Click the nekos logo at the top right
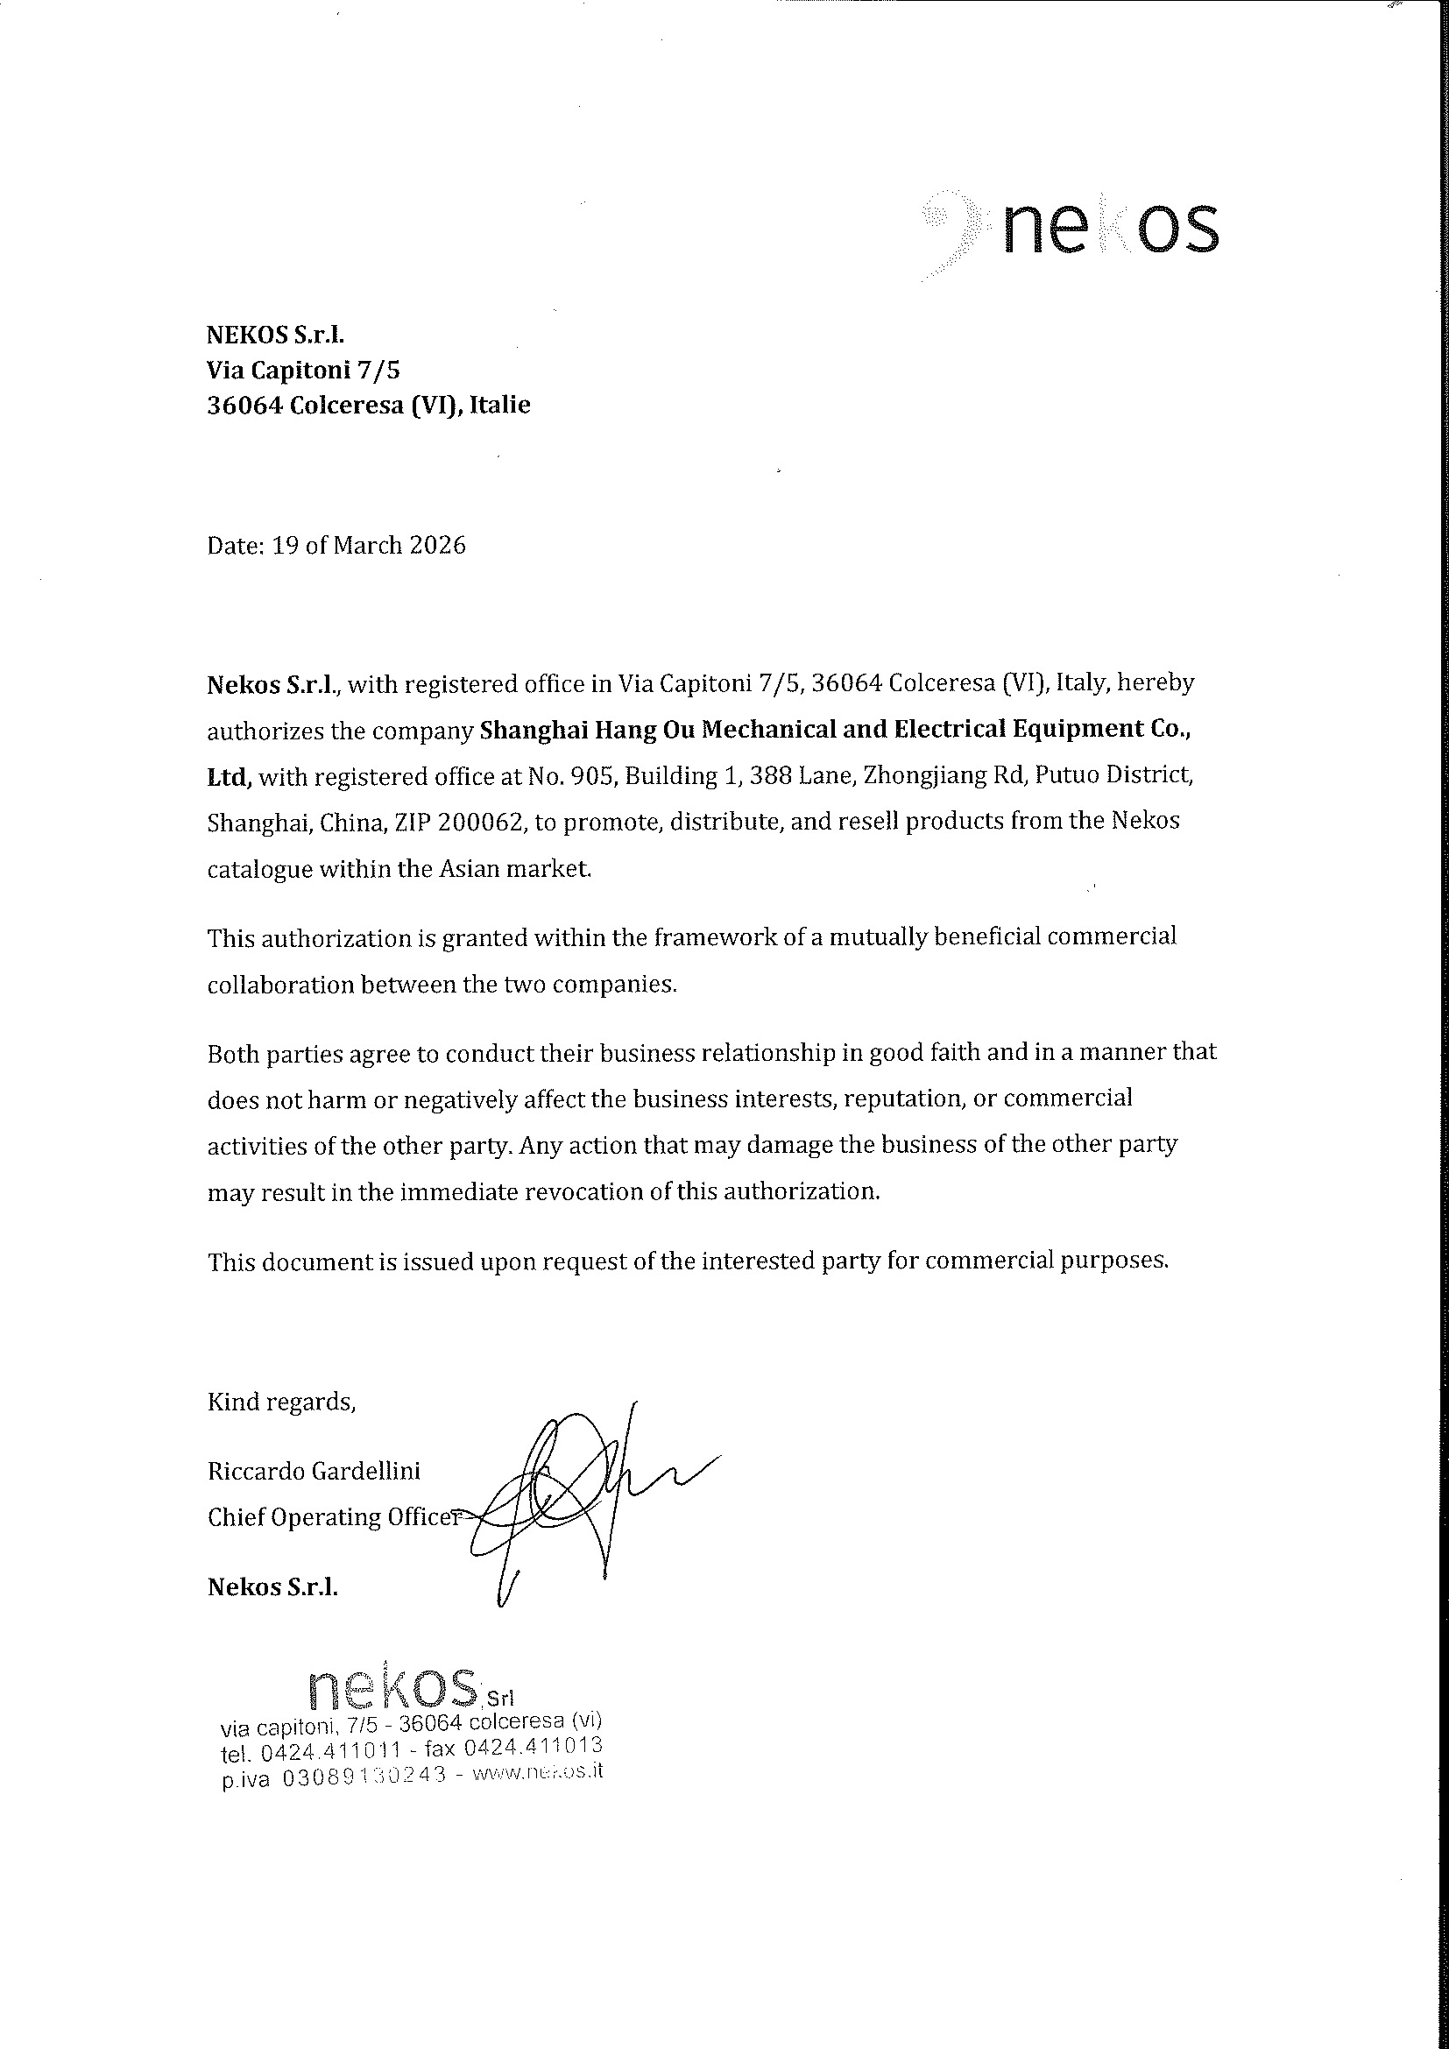(1071, 228)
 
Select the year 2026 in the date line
(437, 545)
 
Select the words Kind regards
(281, 1402)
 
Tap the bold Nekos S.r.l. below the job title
(273, 1586)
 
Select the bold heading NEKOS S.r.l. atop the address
(275, 335)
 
